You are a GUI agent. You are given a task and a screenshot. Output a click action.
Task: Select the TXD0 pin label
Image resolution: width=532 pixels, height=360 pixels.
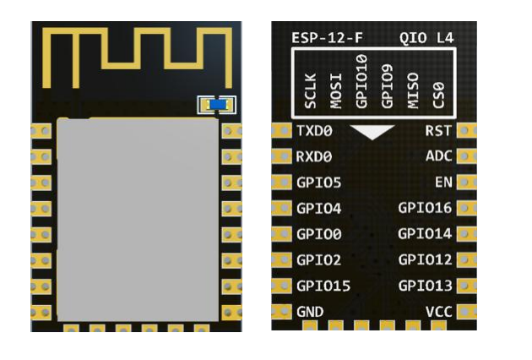[x=314, y=131]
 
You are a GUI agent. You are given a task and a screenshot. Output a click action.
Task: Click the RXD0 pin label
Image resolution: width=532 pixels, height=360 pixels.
[x=314, y=156]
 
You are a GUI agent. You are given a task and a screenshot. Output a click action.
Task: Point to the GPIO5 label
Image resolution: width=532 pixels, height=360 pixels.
[x=318, y=183]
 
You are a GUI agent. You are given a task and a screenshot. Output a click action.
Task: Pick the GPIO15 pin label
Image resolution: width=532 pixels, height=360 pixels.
[x=323, y=286]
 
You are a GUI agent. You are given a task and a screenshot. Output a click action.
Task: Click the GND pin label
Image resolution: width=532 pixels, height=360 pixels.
[x=310, y=312]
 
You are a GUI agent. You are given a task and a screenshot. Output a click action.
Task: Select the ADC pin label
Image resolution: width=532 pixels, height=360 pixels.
[x=438, y=156]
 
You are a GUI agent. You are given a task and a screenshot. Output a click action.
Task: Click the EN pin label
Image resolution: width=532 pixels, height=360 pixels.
[x=443, y=183]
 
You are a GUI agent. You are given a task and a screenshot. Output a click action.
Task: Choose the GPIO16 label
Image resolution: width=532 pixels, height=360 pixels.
[x=425, y=208]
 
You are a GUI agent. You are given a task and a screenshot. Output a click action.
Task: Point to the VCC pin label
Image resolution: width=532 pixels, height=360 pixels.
[x=438, y=312]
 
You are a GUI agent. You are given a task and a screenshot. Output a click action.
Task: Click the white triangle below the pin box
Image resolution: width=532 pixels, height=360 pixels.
[x=373, y=132]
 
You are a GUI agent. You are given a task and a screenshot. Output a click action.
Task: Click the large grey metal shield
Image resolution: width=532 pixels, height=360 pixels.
[x=137, y=220]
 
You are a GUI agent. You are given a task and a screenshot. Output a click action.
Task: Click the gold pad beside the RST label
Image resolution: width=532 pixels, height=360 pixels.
[x=466, y=131]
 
